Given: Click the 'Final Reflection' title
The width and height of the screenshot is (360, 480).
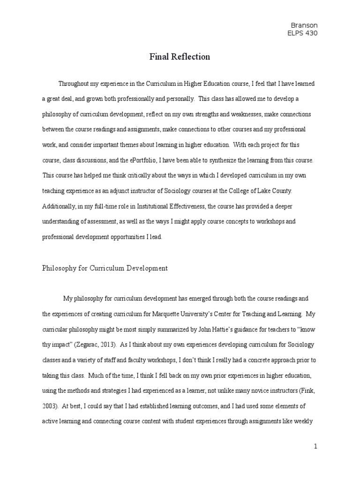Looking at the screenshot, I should click(x=180, y=57).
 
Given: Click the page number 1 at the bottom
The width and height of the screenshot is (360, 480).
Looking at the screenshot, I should click(x=316, y=447).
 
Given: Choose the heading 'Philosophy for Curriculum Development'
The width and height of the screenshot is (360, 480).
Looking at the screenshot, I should click(x=105, y=269).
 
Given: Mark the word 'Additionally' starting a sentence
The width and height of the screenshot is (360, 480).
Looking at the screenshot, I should click(x=60, y=207).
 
